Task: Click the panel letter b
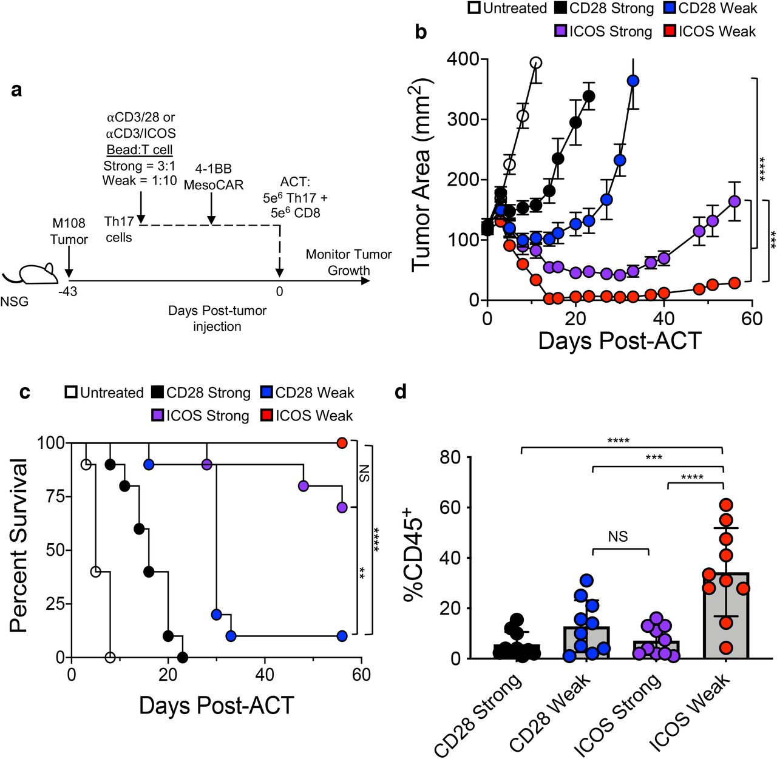pyautogui.click(x=421, y=32)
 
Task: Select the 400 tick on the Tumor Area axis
pyautogui.click(x=462, y=59)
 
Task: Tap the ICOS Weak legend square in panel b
pyautogui.click(x=670, y=31)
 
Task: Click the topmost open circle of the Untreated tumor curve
pyautogui.click(x=535, y=62)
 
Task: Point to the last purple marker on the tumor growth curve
pyautogui.click(x=734, y=201)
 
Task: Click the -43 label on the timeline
pyautogui.click(x=67, y=292)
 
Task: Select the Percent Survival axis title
pyautogui.click(x=19, y=546)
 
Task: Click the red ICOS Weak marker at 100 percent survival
pyautogui.click(x=342, y=443)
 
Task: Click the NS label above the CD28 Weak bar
pyautogui.click(x=617, y=537)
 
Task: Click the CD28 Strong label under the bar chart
pyautogui.click(x=479, y=716)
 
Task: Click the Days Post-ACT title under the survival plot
pyautogui.click(x=217, y=706)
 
